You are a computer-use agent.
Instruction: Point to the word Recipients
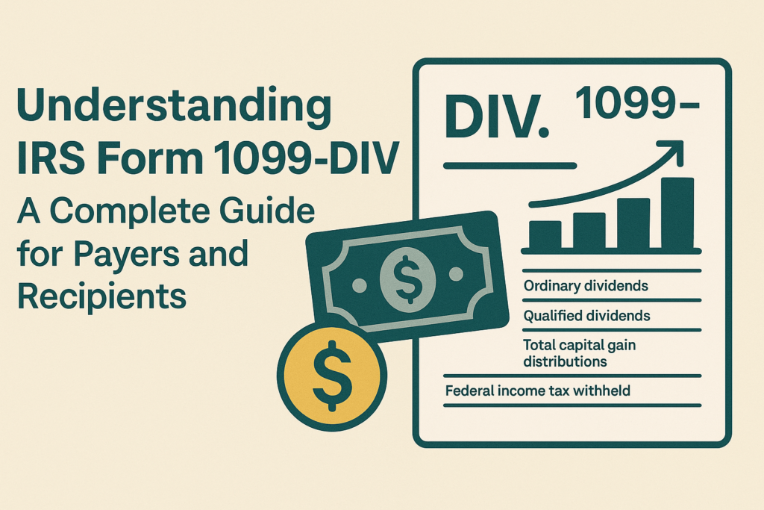pyautogui.click(x=101, y=295)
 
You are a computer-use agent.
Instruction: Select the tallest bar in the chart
pyautogui.click(x=677, y=213)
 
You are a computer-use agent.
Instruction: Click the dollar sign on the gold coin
pyautogui.click(x=331, y=372)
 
